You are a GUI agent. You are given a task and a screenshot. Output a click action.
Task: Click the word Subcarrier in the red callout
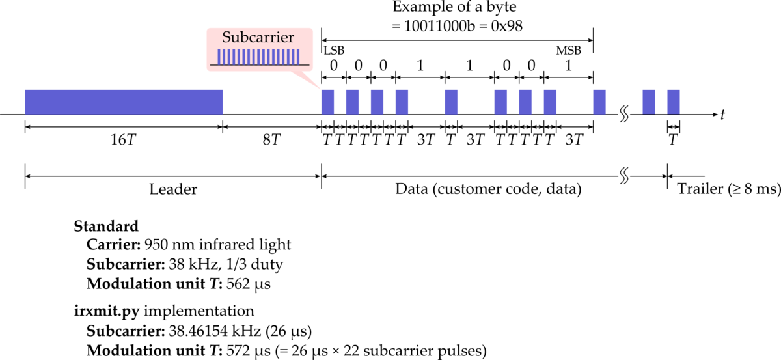click(x=258, y=38)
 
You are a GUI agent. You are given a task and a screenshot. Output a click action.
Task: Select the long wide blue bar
click(x=124, y=102)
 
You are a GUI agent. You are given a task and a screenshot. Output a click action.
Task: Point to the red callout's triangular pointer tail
click(x=308, y=79)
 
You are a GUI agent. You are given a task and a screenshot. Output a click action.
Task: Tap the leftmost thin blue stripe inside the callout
click(x=219, y=57)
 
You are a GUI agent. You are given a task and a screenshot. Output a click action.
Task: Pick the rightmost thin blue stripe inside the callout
click(x=298, y=57)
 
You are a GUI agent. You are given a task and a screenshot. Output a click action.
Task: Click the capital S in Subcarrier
click(x=227, y=37)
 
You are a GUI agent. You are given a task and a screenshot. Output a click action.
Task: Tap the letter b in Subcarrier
click(x=243, y=37)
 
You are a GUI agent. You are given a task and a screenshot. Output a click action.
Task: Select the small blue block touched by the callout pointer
click(x=327, y=102)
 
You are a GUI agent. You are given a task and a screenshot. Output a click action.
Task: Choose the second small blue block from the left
click(x=352, y=102)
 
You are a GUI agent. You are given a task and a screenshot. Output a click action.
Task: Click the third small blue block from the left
click(x=377, y=102)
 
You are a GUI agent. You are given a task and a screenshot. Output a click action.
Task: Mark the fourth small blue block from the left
click(x=402, y=102)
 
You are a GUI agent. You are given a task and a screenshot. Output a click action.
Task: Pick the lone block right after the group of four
click(x=451, y=102)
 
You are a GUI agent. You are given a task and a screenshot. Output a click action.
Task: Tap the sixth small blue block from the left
click(x=500, y=102)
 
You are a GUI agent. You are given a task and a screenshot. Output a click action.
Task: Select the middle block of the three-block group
click(x=525, y=102)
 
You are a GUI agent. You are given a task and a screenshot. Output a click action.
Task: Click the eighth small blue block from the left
click(x=550, y=102)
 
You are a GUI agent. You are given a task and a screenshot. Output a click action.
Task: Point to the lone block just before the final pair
click(x=599, y=102)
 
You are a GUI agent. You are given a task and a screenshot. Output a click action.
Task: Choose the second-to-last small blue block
click(x=649, y=102)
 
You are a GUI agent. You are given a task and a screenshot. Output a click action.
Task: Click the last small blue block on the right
click(x=674, y=102)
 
